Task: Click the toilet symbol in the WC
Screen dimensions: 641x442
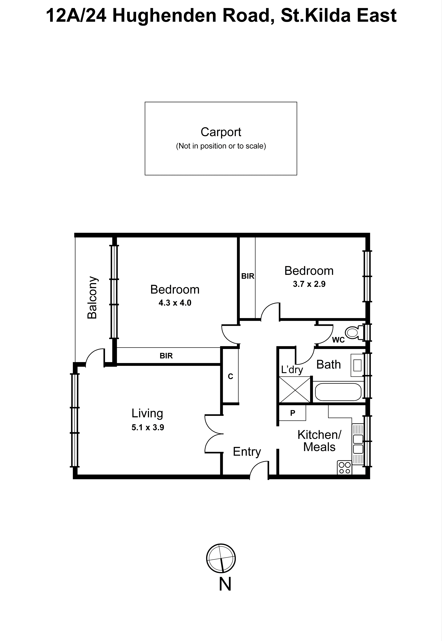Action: pos(353,332)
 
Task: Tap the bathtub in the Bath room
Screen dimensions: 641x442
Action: pos(338,392)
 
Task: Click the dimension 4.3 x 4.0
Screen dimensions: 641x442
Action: pos(175,303)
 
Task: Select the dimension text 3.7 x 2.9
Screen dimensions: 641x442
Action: pos(309,284)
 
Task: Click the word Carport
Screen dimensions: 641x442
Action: pos(221,132)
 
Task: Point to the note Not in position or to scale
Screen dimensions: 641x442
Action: pos(221,146)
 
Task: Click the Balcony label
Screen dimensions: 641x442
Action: pos(92,298)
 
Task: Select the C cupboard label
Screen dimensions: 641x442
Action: pos(230,376)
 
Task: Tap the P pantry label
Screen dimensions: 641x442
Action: pos(292,413)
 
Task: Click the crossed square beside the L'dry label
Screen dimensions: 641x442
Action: pos(295,390)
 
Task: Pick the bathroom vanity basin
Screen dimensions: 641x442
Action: pos(357,365)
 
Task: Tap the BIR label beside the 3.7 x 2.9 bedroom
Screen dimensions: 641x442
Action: pos(248,276)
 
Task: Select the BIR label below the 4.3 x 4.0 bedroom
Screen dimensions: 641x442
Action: pos(166,356)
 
